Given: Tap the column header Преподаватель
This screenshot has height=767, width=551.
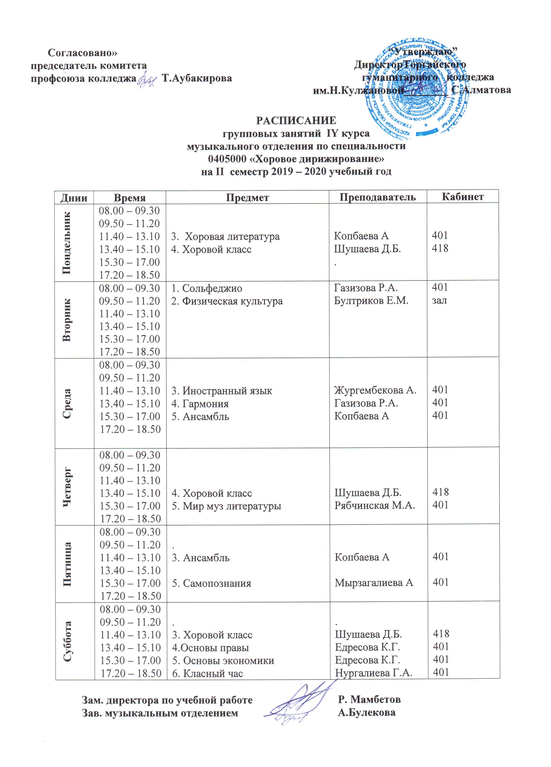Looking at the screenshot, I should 377,197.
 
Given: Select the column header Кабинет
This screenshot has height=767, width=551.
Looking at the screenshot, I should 463,196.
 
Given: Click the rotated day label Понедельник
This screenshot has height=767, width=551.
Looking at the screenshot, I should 67,242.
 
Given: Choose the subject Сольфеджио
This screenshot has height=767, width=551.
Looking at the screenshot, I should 207,289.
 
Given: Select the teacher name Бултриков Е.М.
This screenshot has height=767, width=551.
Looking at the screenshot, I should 371,301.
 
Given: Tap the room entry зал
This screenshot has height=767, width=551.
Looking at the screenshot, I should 439,300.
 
